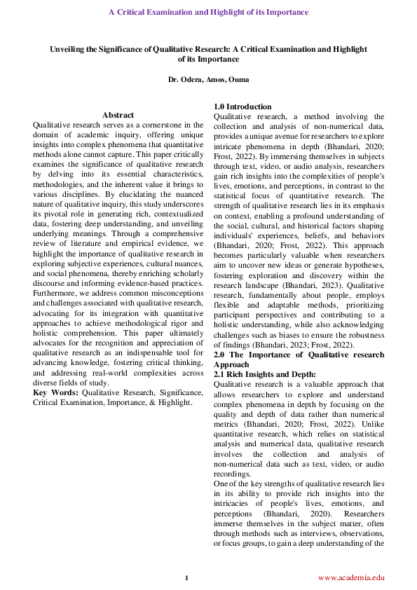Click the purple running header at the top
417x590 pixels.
208,13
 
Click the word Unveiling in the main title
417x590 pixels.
67,50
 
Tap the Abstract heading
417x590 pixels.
118,114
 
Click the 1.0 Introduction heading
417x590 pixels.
242,107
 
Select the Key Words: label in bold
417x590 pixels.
55,393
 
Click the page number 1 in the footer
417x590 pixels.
186,577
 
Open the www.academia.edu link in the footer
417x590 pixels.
351,577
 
